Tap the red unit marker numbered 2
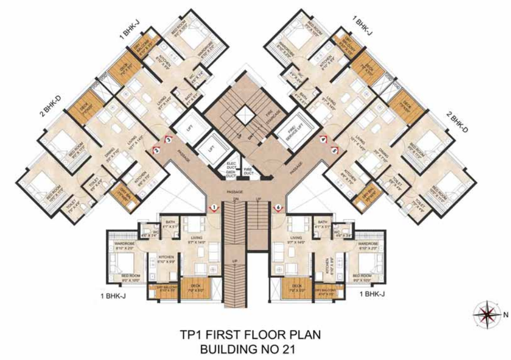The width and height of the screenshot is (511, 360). [156, 150]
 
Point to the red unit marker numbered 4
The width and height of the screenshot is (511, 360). [323, 139]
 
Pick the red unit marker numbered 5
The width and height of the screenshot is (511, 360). [334, 151]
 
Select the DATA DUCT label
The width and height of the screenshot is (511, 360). [231, 175]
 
